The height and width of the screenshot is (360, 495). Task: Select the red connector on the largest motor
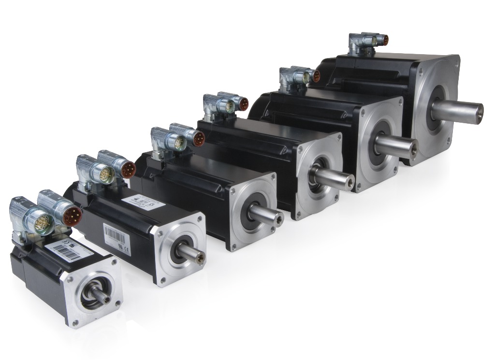(x=384, y=40)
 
